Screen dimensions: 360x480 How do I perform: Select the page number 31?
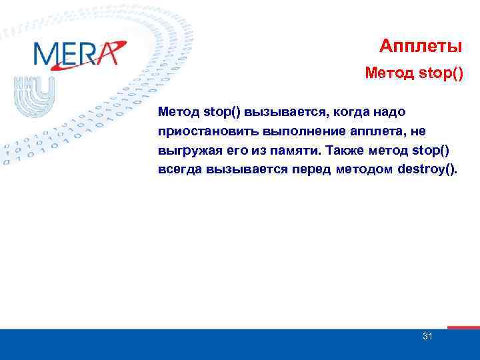point(427,337)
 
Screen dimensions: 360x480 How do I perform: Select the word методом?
point(364,169)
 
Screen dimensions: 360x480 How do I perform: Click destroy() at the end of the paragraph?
point(427,169)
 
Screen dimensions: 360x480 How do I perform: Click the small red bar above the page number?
point(463,327)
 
